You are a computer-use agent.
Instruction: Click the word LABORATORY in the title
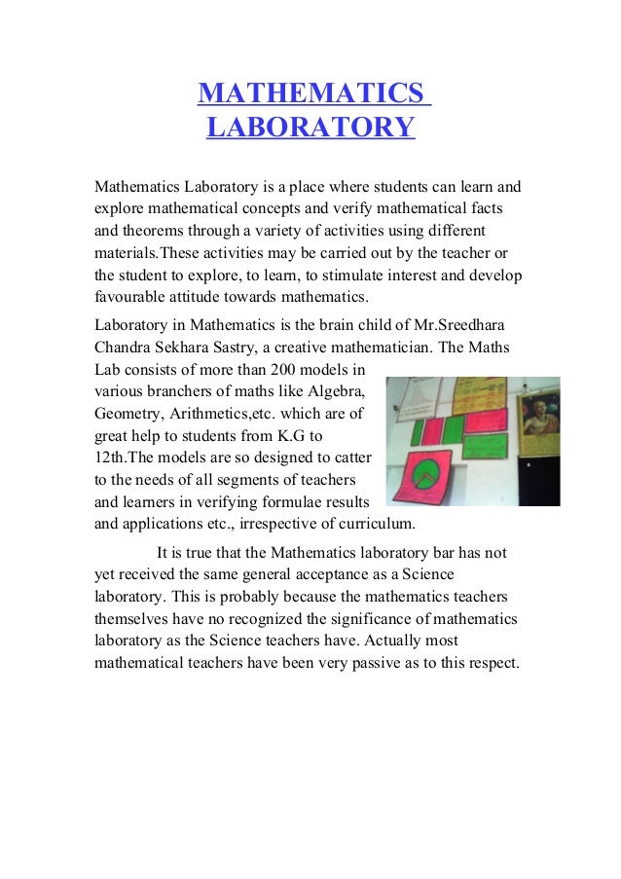tap(310, 128)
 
